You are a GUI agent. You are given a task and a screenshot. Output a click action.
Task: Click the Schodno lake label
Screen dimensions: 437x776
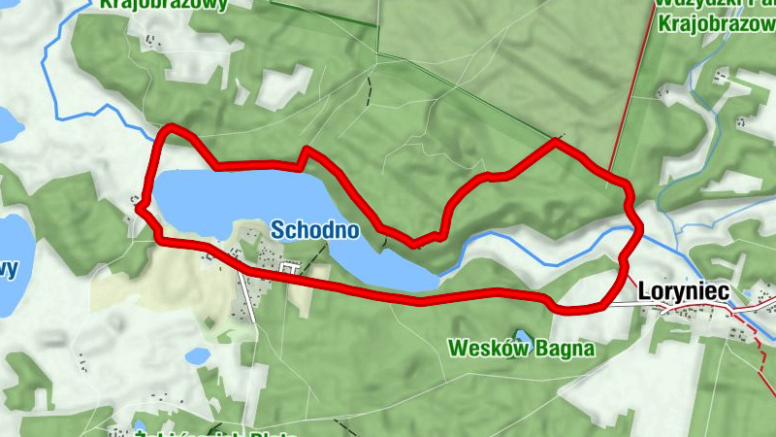coord(315,230)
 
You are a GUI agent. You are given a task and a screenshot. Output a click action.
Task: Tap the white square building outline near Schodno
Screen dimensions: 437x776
coord(288,267)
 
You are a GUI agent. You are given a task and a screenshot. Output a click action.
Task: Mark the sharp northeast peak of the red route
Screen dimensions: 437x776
coord(556,142)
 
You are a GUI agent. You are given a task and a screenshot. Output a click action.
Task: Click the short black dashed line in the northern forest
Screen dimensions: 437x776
coord(369,90)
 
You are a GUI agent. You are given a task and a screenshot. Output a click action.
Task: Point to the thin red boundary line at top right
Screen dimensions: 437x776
coord(630,87)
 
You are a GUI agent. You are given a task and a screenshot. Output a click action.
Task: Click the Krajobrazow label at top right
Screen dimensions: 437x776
coord(716,23)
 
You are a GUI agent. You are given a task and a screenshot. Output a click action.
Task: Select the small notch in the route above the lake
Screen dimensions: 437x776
coord(304,153)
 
